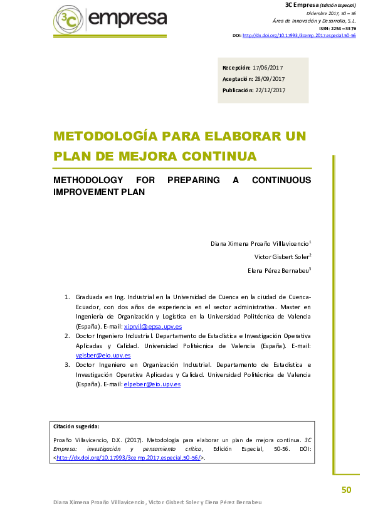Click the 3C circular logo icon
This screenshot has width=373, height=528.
tap(68, 21)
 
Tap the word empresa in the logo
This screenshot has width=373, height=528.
tap(128, 19)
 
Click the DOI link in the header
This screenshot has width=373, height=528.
tap(299, 36)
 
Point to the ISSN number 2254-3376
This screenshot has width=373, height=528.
tap(342, 28)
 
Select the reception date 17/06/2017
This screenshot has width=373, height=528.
tap(268, 67)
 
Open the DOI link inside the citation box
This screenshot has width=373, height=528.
tap(128, 458)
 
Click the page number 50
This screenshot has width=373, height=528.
tap(346, 490)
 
